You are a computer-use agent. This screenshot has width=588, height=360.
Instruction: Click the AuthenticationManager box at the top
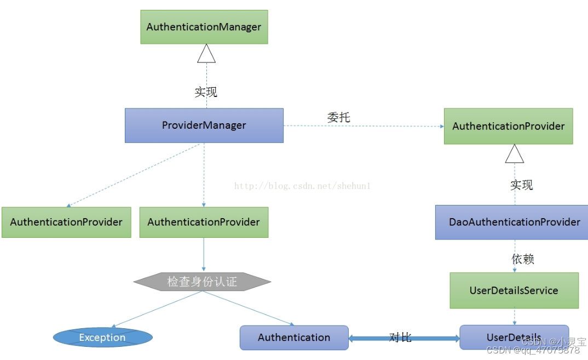204,27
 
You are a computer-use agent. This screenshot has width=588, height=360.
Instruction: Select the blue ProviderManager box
204,125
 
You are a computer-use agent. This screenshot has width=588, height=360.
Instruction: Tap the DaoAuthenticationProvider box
514,222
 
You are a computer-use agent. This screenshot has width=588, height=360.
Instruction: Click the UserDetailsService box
514,290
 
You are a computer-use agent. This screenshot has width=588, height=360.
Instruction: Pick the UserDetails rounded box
514,338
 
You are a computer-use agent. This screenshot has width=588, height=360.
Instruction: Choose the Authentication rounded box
294,338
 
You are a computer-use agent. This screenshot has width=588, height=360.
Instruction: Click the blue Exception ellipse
102,338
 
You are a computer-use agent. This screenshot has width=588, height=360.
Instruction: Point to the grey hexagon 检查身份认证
202,282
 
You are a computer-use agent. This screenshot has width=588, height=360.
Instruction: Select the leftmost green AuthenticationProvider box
66,222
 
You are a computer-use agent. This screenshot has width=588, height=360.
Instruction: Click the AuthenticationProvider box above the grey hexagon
204,222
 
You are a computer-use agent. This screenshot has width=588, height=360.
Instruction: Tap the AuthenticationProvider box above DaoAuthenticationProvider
508,127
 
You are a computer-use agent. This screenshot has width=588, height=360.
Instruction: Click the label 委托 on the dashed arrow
338,117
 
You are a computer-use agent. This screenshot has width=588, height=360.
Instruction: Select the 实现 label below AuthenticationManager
206,92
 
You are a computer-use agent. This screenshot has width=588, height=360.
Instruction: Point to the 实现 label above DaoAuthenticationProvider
521,185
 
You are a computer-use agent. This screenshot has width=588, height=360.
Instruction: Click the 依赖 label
522,259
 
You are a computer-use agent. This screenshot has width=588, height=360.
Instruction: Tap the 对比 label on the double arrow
400,338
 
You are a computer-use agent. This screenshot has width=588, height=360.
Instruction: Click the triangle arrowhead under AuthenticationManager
206,54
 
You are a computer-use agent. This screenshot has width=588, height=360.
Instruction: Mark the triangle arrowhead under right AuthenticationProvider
514,154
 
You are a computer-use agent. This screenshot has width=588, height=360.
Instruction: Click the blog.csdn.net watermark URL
302,186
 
